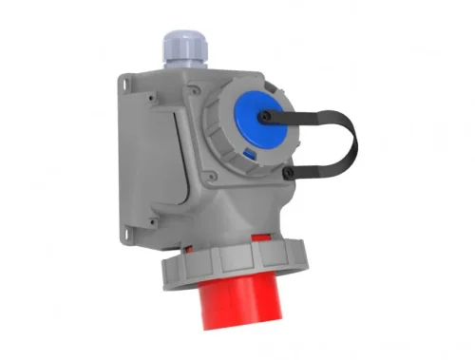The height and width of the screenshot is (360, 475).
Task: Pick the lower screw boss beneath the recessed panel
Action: point(152,223)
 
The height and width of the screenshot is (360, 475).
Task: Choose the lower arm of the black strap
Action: point(318,171)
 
